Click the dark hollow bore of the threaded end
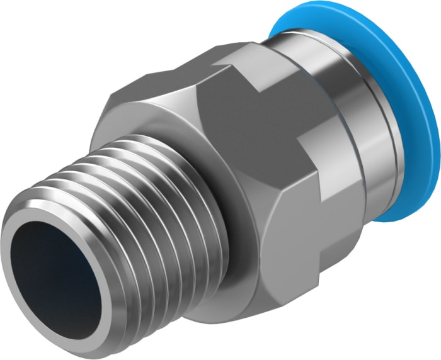54,271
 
